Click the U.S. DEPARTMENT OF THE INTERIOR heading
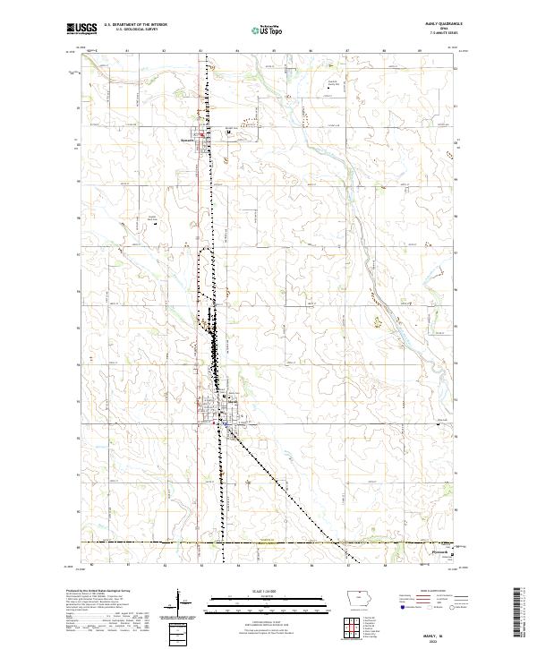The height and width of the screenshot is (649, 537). pos(136,25)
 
